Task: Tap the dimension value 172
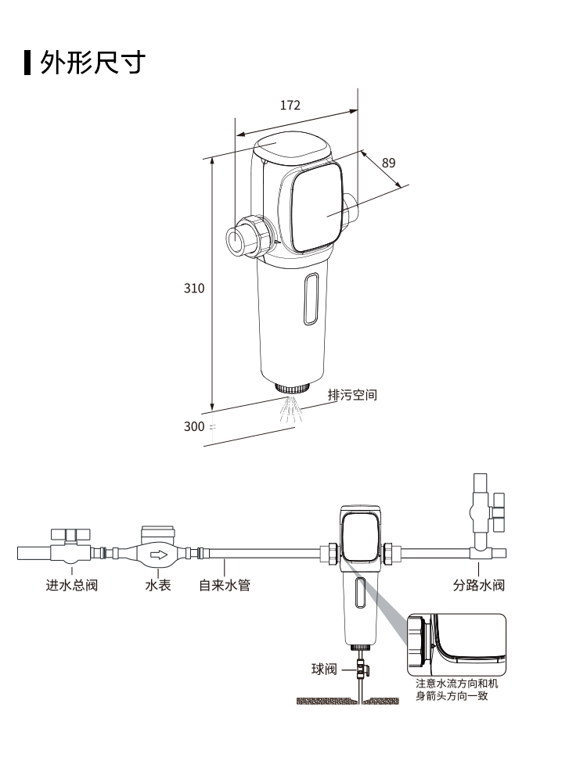tap(290, 106)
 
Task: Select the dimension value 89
tap(389, 163)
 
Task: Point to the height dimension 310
tap(194, 288)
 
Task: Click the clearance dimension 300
tap(193, 426)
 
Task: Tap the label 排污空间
tap(352, 395)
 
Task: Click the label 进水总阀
tap(71, 585)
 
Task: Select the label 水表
tap(157, 585)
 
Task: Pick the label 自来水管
tap(224, 585)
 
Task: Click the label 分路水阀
tap(478, 585)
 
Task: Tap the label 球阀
tap(323, 669)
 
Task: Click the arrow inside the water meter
tap(159, 555)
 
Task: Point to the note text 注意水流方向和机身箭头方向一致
tap(456, 690)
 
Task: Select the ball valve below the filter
tap(361, 669)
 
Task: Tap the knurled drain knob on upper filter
tap(291, 386)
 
